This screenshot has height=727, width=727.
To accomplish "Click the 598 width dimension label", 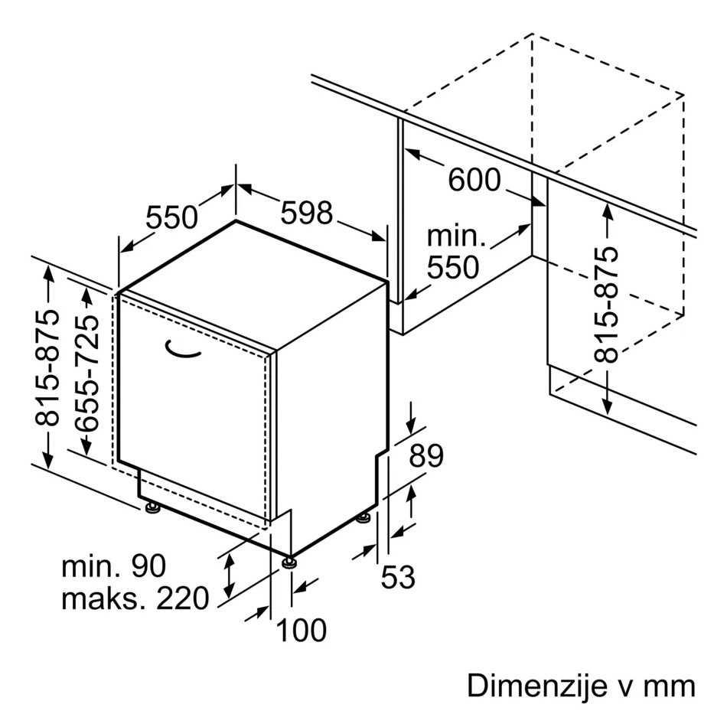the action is pyautogui.click(x=306, y=214).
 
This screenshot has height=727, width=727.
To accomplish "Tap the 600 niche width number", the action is pyautogui.click(x=474, y=180).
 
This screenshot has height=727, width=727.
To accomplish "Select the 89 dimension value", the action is pyautogui.click(x=426, y=456).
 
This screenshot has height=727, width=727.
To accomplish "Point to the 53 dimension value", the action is pyautogui.click(x=398, y=577).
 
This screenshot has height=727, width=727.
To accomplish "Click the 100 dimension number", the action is pyautogui.click(x=302, y=630).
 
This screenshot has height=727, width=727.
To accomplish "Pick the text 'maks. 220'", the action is pyautogui.click(x=135, y=598).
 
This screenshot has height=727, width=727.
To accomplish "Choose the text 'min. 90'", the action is pyautogui.click(x=113, y=566).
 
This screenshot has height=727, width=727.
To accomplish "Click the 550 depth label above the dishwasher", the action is pyautogui.click(x=171, y=217).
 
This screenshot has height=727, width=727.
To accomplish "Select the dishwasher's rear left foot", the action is pyautogui.click(x=152, y=507).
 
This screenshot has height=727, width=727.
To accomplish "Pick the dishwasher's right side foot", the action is pyautogui.click(x=363, y=517).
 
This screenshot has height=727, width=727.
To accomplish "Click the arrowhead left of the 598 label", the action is pyautogui.click(x=244, y=188).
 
